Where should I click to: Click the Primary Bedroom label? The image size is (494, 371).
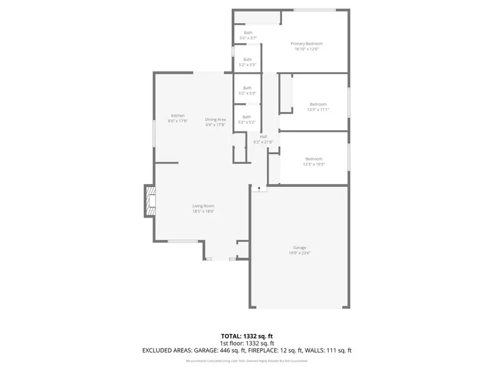pos(306,43)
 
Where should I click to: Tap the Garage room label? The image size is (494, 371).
pos(299,247)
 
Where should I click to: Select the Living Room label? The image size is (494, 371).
pos(203,206)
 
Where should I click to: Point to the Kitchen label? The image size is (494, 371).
pos(178,115)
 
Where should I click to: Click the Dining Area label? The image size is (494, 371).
pos(216,119)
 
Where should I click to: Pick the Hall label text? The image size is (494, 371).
pos(263,136)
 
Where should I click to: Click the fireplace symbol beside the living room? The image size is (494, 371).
pos(150,201)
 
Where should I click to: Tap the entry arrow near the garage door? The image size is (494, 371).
pos(260,188)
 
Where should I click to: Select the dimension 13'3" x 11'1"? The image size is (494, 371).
pos(318,109)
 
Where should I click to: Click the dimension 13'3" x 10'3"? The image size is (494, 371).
pos(314,164)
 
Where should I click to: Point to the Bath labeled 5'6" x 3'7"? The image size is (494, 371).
pos(249,35)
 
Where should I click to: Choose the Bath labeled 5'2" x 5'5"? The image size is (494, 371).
pos(248,62)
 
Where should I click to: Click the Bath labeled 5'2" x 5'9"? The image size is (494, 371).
pos(248,91)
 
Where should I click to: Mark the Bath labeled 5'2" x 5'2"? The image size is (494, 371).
pos(247,119)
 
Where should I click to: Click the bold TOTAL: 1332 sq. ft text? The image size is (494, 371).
pos(246,335)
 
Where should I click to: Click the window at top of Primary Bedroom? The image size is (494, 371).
pos(315,10)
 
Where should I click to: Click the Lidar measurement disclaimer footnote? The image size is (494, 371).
pos(246,361)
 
